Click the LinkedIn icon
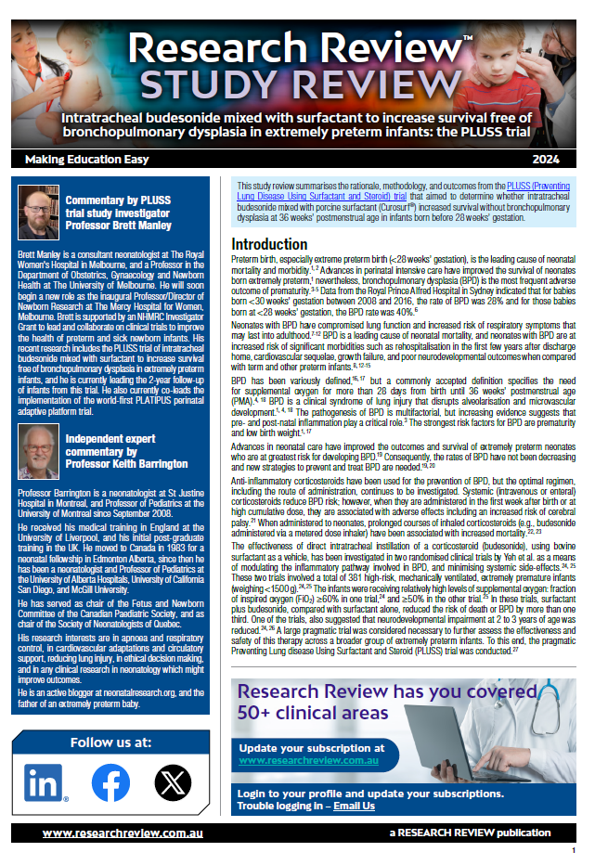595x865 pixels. [45, 782]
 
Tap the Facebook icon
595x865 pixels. [110, 782]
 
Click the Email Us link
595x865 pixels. [354, 806]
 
